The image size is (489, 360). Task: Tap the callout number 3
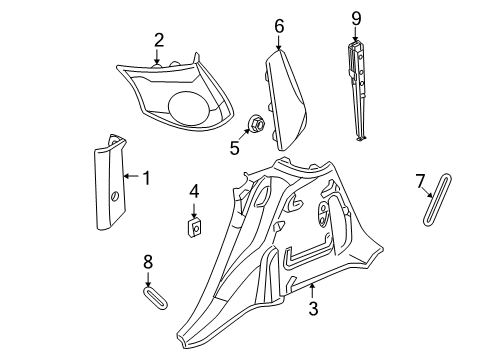click(313, 311)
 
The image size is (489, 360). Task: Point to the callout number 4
click(195, 190)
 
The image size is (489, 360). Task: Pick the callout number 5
click(235, 150)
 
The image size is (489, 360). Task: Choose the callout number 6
click(279, 25)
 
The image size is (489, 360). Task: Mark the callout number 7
click(420, 180)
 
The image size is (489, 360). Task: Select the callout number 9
click(356, 17)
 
